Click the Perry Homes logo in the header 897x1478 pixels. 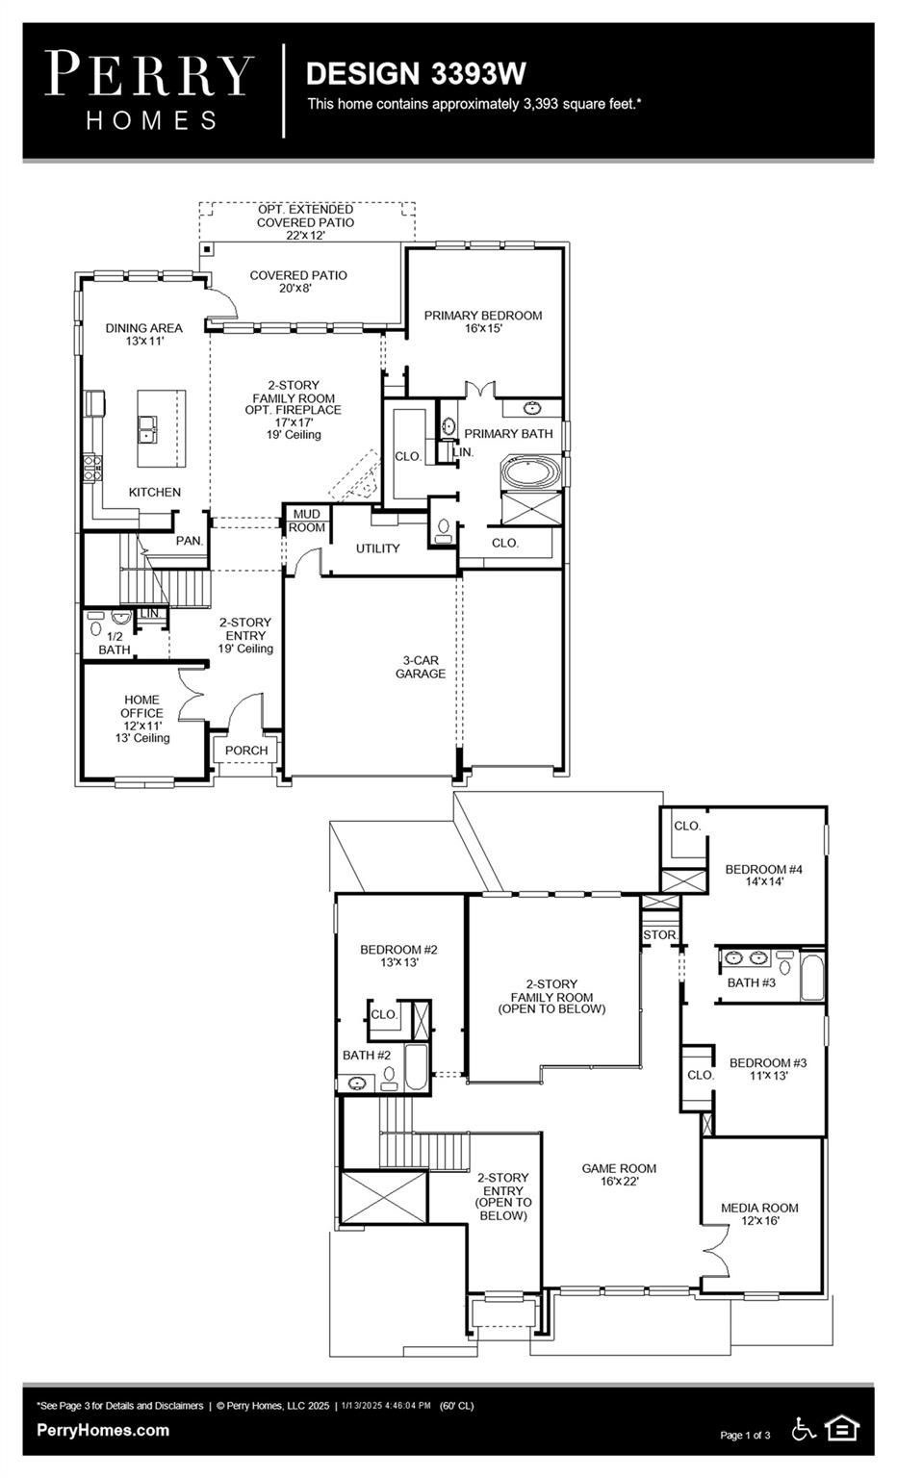point(149,89)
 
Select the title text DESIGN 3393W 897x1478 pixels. point(415,74)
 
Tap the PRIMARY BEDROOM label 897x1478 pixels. point(482,321)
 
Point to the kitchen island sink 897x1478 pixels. point(148,428)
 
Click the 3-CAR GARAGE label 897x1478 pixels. point(420,667)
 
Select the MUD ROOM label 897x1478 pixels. point(307,522)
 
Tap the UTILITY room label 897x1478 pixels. point(377,548)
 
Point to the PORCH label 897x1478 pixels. point(246,751)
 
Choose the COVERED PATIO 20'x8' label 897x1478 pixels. point(298,281)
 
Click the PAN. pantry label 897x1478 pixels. point(190,541)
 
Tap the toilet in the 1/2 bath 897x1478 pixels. point(95,629)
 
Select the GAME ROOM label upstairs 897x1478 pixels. point(619,1175)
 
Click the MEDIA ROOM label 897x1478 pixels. point(759,1213)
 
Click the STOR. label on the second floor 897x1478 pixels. point(659,935)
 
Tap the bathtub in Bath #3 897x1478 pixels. point(811,977)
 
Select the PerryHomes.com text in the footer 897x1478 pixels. point(103,1430)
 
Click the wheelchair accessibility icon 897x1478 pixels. point(804,1429)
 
